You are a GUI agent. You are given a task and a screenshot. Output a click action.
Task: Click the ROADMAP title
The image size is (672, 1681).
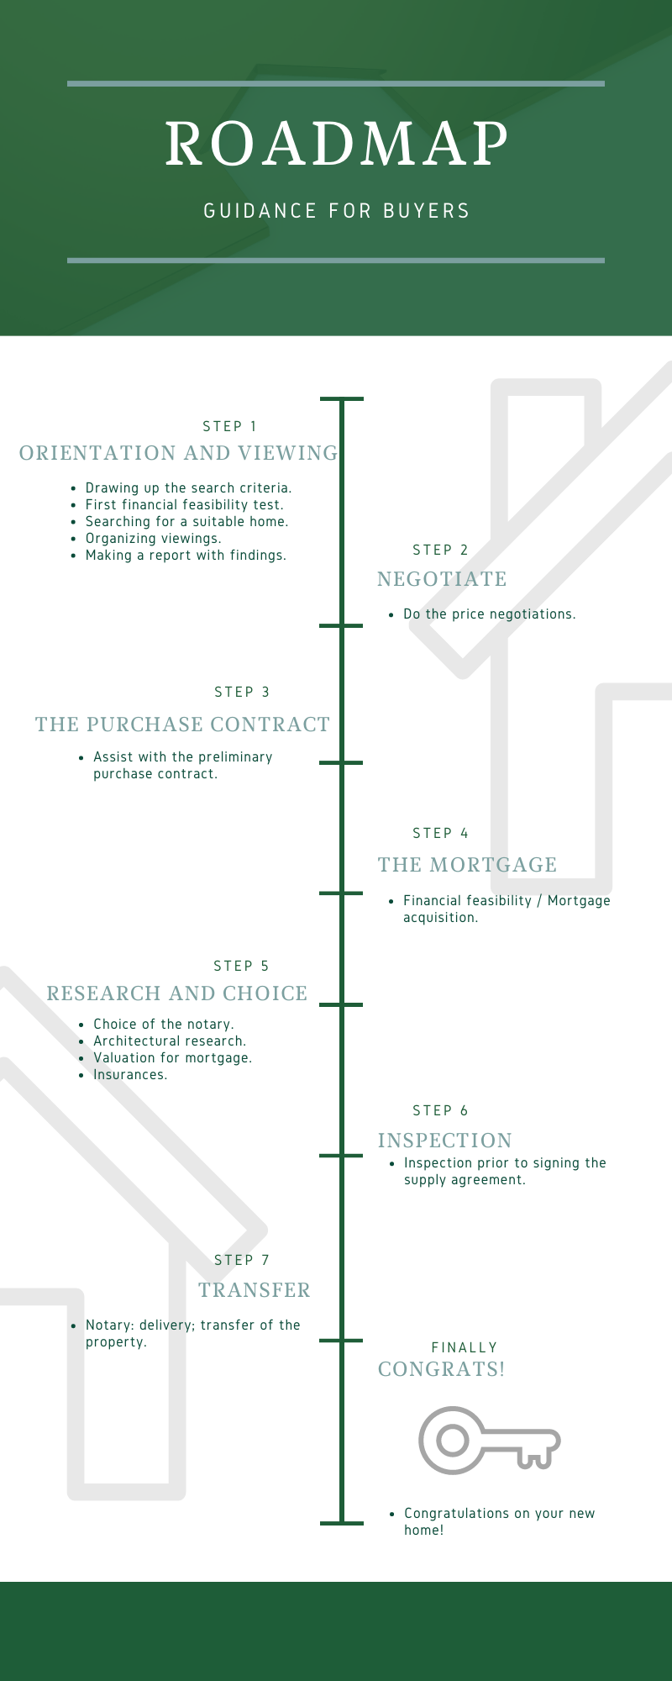click(x=336, y=144)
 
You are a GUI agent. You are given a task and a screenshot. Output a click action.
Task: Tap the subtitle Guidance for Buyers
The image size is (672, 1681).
click(x=336, y=211)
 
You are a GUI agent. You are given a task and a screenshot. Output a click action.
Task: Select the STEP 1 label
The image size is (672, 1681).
click(x=230, y=427)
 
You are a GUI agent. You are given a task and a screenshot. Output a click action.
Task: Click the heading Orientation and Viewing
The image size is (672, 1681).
click(x=178, y=454)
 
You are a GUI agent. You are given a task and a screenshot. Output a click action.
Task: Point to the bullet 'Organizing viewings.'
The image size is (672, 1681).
click(x=153, y=539)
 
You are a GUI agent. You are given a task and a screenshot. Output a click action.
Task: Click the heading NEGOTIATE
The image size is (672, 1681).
click(x=442, y=579)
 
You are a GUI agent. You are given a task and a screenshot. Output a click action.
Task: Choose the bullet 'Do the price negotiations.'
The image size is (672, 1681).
click(x=489, y=614)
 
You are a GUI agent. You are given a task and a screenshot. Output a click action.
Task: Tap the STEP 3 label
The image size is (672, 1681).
click(x=242, y=693)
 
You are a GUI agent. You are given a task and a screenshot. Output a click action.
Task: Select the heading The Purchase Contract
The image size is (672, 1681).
click(x=182, y=725)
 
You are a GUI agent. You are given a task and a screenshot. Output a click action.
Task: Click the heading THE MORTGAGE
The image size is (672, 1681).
click(x=467, y=865)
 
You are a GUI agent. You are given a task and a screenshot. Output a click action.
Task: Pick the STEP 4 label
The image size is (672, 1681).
click(x=440, y=834)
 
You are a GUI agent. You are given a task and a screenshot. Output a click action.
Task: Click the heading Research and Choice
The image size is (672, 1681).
click(x=176, y=993)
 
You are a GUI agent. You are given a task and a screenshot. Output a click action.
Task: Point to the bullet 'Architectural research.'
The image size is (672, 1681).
click(x=169, y=1041)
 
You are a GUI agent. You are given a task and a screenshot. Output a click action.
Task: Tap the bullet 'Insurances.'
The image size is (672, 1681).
click(x=130, y=1075)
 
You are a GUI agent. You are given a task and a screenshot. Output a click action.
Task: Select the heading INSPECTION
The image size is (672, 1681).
click(x=444, y=1141)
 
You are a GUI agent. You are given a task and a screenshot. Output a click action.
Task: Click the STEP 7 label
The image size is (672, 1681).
click(x=242, y=1261)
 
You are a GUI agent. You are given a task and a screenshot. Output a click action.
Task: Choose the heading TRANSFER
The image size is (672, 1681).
click(x=255, y=1290)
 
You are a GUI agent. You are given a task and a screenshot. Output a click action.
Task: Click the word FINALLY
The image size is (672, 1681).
click(x=465, y=1348)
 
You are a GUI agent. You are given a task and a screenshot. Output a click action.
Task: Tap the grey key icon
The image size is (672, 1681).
click(x=489, y=1441)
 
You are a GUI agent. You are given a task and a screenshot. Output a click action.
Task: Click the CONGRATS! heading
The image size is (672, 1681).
click(x=441, y=1369)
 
